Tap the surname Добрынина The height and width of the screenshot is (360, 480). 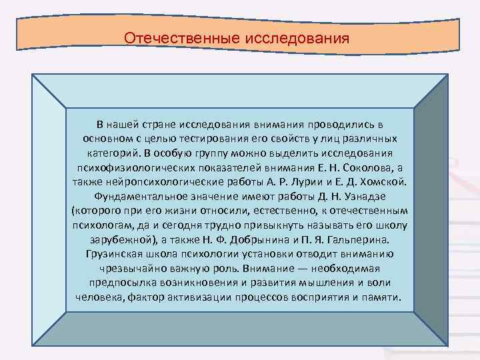coord(261,239)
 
